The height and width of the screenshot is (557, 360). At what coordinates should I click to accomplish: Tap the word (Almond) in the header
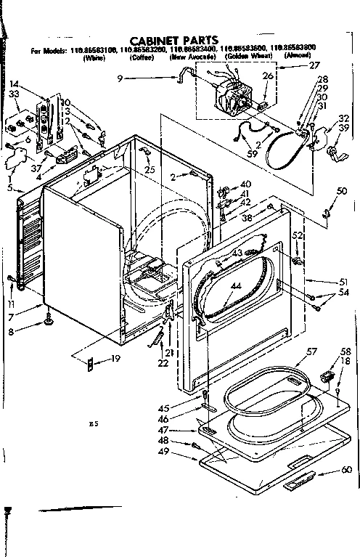298,57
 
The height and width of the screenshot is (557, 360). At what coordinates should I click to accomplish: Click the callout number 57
311,352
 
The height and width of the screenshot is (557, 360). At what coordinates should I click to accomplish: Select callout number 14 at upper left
15,84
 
